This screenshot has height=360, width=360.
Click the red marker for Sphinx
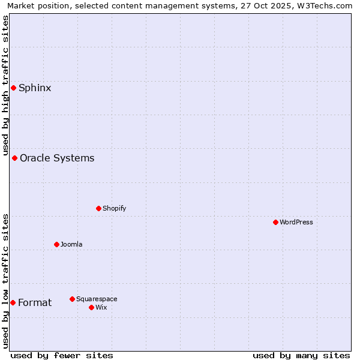click(x=13, y=88)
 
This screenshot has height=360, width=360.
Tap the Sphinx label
click(x=35, y=88)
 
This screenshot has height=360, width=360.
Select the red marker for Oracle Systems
click(x=14, y=158)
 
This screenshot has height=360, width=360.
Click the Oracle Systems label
click(x=57, y=158)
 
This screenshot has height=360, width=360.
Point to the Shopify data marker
click(x=98, y=209)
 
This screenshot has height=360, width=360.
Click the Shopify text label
click(x=114, y=209)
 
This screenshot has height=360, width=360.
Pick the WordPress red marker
click(x=275, y=223)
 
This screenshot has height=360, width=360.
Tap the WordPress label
click(x=296, y=223)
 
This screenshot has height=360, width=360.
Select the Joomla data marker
click(x=56, y=245)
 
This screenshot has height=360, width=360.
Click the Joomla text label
click(x=71, y=245)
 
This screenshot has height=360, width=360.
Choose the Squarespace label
click(x=97, y=299)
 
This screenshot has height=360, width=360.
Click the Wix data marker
click(x=91, y=308)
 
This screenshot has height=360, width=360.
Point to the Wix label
click(x=101, y=308)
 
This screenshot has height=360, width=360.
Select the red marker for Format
click(x=13, y=303)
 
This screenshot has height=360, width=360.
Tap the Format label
click(x=35, y=303)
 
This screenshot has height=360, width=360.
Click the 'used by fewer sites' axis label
click(x=62, y=355)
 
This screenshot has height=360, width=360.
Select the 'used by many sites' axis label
click(x=301, y=355)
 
